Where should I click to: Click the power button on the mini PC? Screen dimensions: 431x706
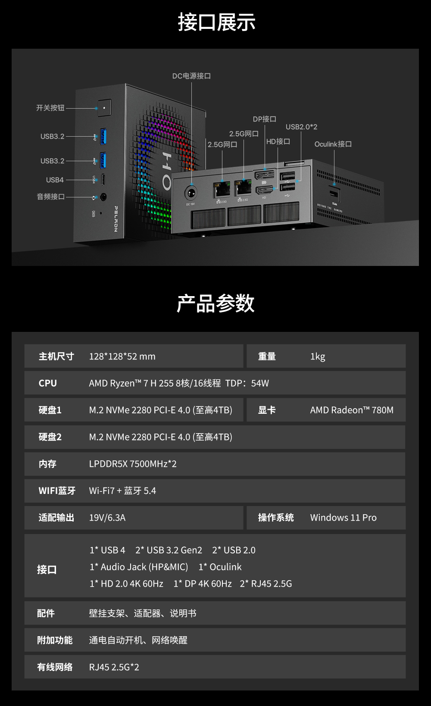tap(104, 108)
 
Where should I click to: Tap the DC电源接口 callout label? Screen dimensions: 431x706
tap(191, 76)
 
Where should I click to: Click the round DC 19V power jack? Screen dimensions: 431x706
tap(191, 193)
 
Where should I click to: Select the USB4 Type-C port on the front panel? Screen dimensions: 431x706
tap(103, 180)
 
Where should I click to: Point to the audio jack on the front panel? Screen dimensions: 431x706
tap(103, 197)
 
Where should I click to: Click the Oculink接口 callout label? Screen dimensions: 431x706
tap(333, 144)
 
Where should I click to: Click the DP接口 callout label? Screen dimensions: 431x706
tap(265, 119)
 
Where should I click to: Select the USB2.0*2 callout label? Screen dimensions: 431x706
tap(302, 127)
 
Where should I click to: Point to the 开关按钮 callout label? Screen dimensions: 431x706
tap(50, 108)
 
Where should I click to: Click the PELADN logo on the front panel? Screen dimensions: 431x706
tap(116, 219)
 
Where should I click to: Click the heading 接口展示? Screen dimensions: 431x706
tap(216, 22)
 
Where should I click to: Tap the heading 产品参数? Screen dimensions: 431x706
tap(215, 303)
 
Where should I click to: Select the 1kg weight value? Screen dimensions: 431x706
tap(318, 356)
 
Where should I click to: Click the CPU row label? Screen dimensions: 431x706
tap(47, 383)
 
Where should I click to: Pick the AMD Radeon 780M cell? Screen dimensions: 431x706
tap(352, 410)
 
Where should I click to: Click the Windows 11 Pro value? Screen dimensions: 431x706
tap(343, 518)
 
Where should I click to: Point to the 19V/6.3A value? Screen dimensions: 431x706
tap(107, 518)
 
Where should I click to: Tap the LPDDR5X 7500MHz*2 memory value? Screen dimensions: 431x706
tap(133, 464)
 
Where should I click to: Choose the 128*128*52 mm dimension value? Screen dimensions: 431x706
tap(122, 356)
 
